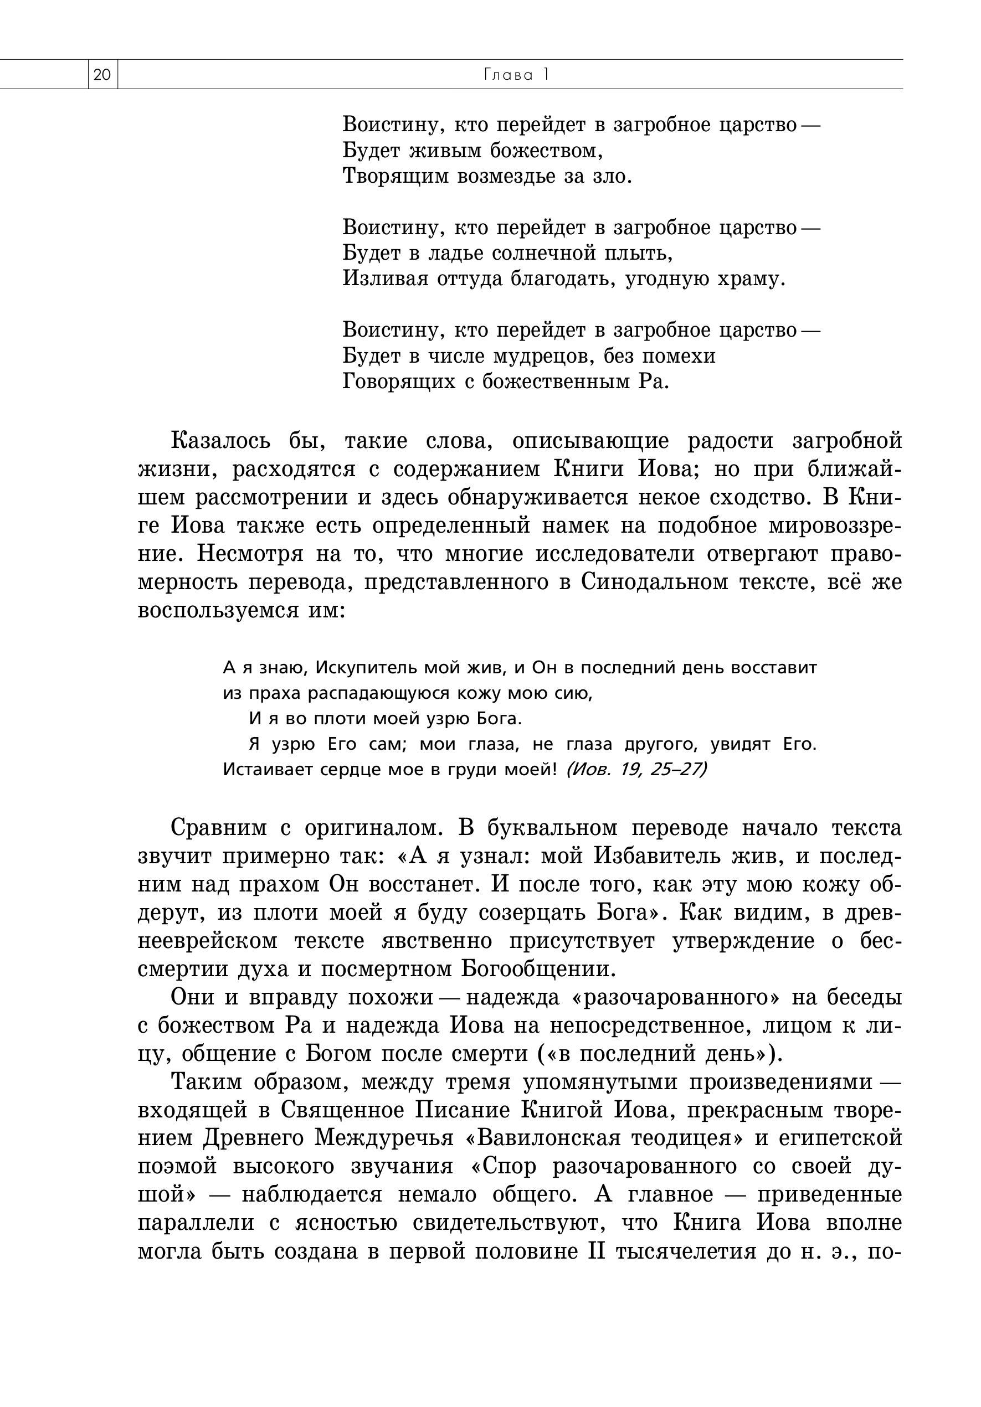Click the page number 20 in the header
click(102, 75)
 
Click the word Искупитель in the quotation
click(366, 667)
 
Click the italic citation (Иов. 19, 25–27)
click(636, 769)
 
